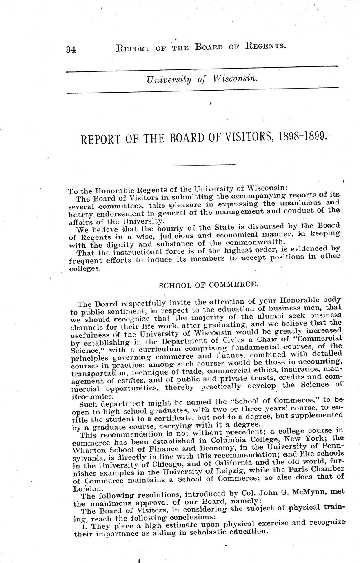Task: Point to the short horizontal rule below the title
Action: coord(204,165)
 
